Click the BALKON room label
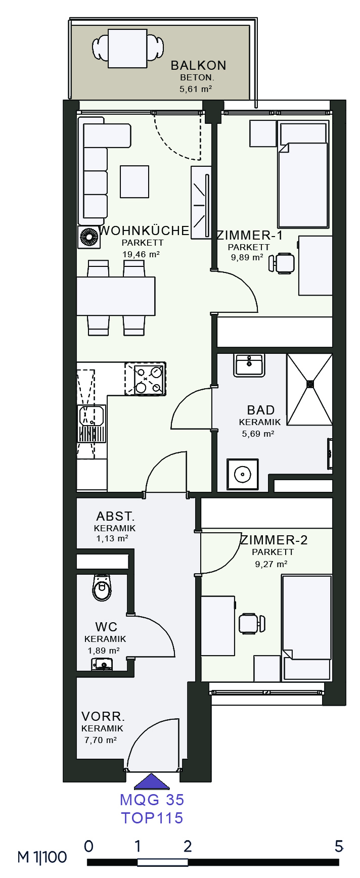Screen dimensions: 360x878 tap(198, 65)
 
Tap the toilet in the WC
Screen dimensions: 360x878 tap(102, 587)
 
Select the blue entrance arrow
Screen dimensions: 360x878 tap(152, 781)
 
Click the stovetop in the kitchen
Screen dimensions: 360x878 tap(145, 379)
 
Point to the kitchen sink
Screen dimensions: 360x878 tap(92, 424)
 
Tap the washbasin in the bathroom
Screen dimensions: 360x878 tap(249, 365)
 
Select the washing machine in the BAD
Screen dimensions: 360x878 tap(243, 474)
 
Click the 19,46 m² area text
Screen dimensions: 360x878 tap(141, 254)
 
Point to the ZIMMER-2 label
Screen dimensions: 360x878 tap(274, 540)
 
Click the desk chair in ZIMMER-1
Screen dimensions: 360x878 tap(282, 263)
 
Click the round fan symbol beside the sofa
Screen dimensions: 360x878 tap(89, 237)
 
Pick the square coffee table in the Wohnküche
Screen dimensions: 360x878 tap(134, 181)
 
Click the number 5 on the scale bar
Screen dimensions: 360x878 tap(339, 846)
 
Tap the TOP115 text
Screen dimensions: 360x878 tap(152, 818)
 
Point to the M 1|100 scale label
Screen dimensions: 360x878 tap(42, 857)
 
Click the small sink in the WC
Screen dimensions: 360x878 tap(102, 664)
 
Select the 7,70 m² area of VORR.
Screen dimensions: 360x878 tap(101, 740)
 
